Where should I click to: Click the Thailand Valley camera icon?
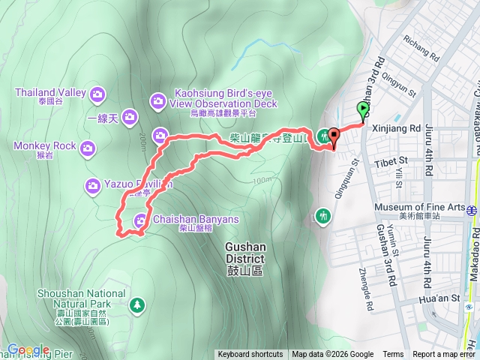click(x=97, y=94)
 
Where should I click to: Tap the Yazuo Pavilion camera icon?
click(x=93, y=184)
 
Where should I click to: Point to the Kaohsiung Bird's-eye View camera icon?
click(x=158, y=100)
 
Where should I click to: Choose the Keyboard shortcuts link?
click(x=250, y=355)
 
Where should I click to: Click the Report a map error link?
click(x=445, y=355)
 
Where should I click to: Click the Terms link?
click(x=393, y=355)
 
